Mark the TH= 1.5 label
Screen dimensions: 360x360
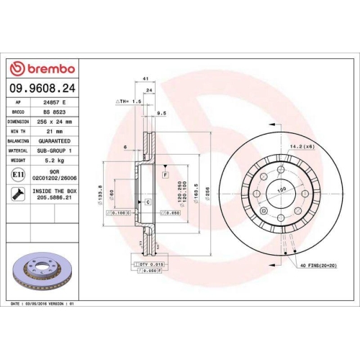127,102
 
